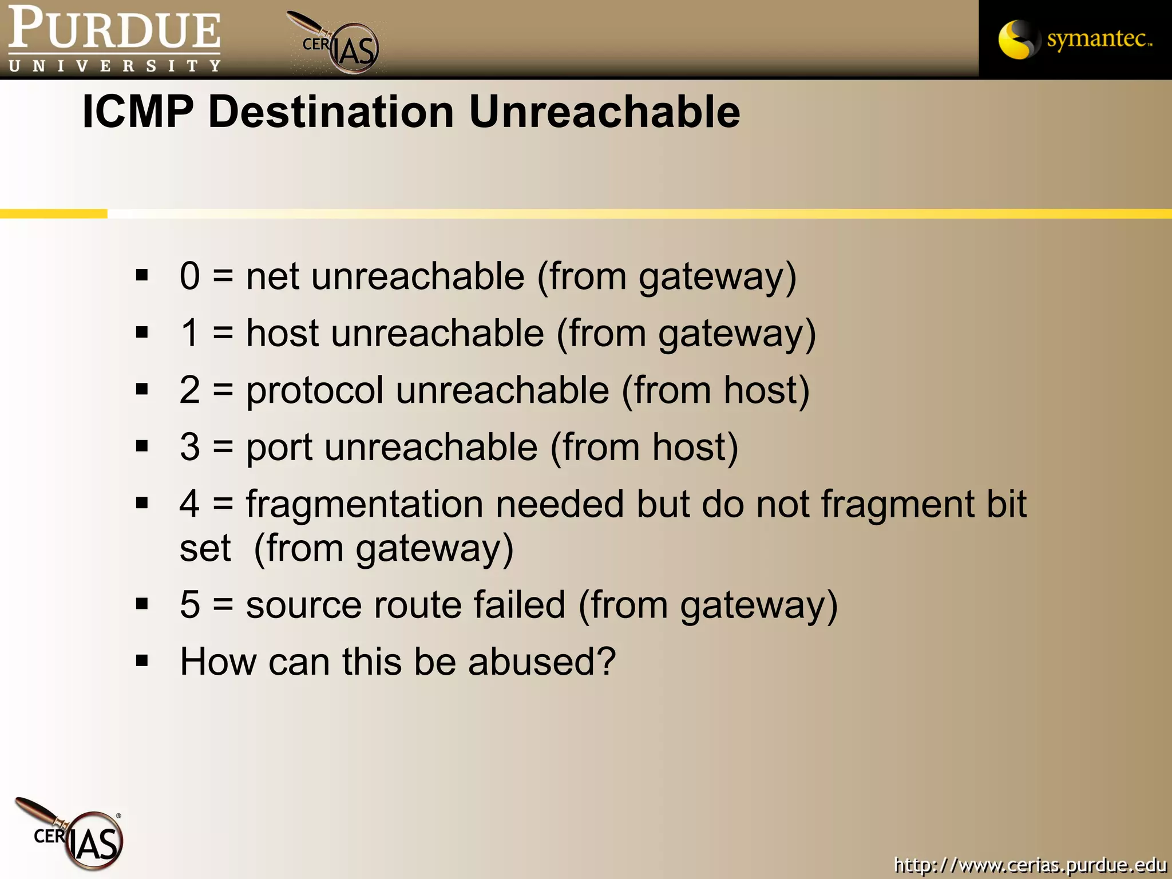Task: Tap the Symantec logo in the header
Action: [x=1075, y=39]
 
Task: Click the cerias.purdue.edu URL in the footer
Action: [x=1030, y=864]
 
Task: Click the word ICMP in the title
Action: [x=138, y=111]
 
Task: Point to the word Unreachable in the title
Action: [x=604, y=111]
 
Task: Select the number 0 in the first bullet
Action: [x=189, y=276]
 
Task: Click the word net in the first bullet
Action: [x=272, y=276]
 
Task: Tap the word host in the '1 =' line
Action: [x=282, y=333]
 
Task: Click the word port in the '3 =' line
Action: [x=279, y=448]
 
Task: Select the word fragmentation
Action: [x=365, y=504]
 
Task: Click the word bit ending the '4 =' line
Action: [x=1006, y=504]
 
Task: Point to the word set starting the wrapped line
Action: [x=205, y=549]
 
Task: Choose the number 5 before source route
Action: [x=189, y=604]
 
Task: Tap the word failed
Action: [x=519, y=604]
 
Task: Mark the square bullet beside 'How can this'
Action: [x=142, y=661]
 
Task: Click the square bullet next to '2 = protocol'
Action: [x=142, y=390]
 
